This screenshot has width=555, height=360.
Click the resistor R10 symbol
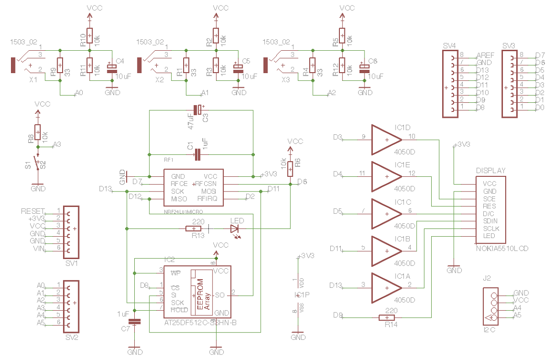(90, 35)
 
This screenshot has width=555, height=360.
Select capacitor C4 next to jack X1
(112, 69)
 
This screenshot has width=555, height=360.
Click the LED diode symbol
(235, 228)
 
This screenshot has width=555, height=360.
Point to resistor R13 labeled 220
(194, 228)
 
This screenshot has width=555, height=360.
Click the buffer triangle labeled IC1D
(386, 139)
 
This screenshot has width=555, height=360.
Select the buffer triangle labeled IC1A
(386, 288)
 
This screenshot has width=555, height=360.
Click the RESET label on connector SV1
(33, 212)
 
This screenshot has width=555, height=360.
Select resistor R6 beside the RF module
(290, 168)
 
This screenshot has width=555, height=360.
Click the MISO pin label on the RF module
(179, 199)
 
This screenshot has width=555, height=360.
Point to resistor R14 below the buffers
(387, 318)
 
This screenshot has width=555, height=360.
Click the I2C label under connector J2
(489, 329)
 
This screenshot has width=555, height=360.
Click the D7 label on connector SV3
(540, 55)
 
